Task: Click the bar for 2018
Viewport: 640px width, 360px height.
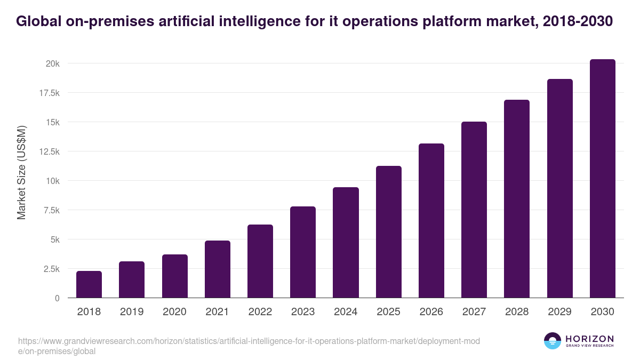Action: pyautogui.click(x=89, y=284)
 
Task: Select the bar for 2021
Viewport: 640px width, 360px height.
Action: pyautogui.click(x=217, y=269)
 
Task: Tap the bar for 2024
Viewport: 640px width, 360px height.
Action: pyautogui.click(x=346, y=243)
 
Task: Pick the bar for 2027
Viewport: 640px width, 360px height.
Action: pyautogui.click(x=474, y=210)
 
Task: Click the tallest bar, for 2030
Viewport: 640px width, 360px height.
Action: pyautogui.click(x=602, y=179)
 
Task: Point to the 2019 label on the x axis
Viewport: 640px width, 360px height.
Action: pyautogui.click(x=131, y=312)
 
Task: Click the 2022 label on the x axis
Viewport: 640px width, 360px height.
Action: pyautogui.click(x=260, y=312)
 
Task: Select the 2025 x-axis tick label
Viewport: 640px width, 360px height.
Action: pyautogui.click(x=388, y=312)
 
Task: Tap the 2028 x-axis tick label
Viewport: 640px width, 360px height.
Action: pyautogui.click(x=517, y=312)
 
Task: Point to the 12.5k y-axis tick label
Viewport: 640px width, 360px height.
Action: pyautogui.click(x=49, y=151)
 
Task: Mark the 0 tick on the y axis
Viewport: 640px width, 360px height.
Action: pyautogui.click(x=57, y=298)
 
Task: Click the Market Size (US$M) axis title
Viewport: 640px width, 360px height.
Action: pyautogui.click(x=21, y=173)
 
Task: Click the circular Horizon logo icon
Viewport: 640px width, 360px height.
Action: pyautogui.click(x=552, y=341)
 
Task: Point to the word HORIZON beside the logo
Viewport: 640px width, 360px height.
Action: pyautogui.click(x=589, y=338)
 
